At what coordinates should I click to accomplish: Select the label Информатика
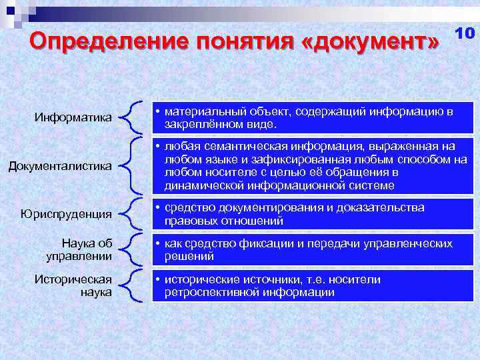[x=73, y=118]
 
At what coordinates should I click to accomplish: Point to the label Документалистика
[x=60, y=165]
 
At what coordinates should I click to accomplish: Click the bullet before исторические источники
[x=158, y=280]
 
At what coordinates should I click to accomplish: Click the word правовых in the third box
[x=188, y=221]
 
